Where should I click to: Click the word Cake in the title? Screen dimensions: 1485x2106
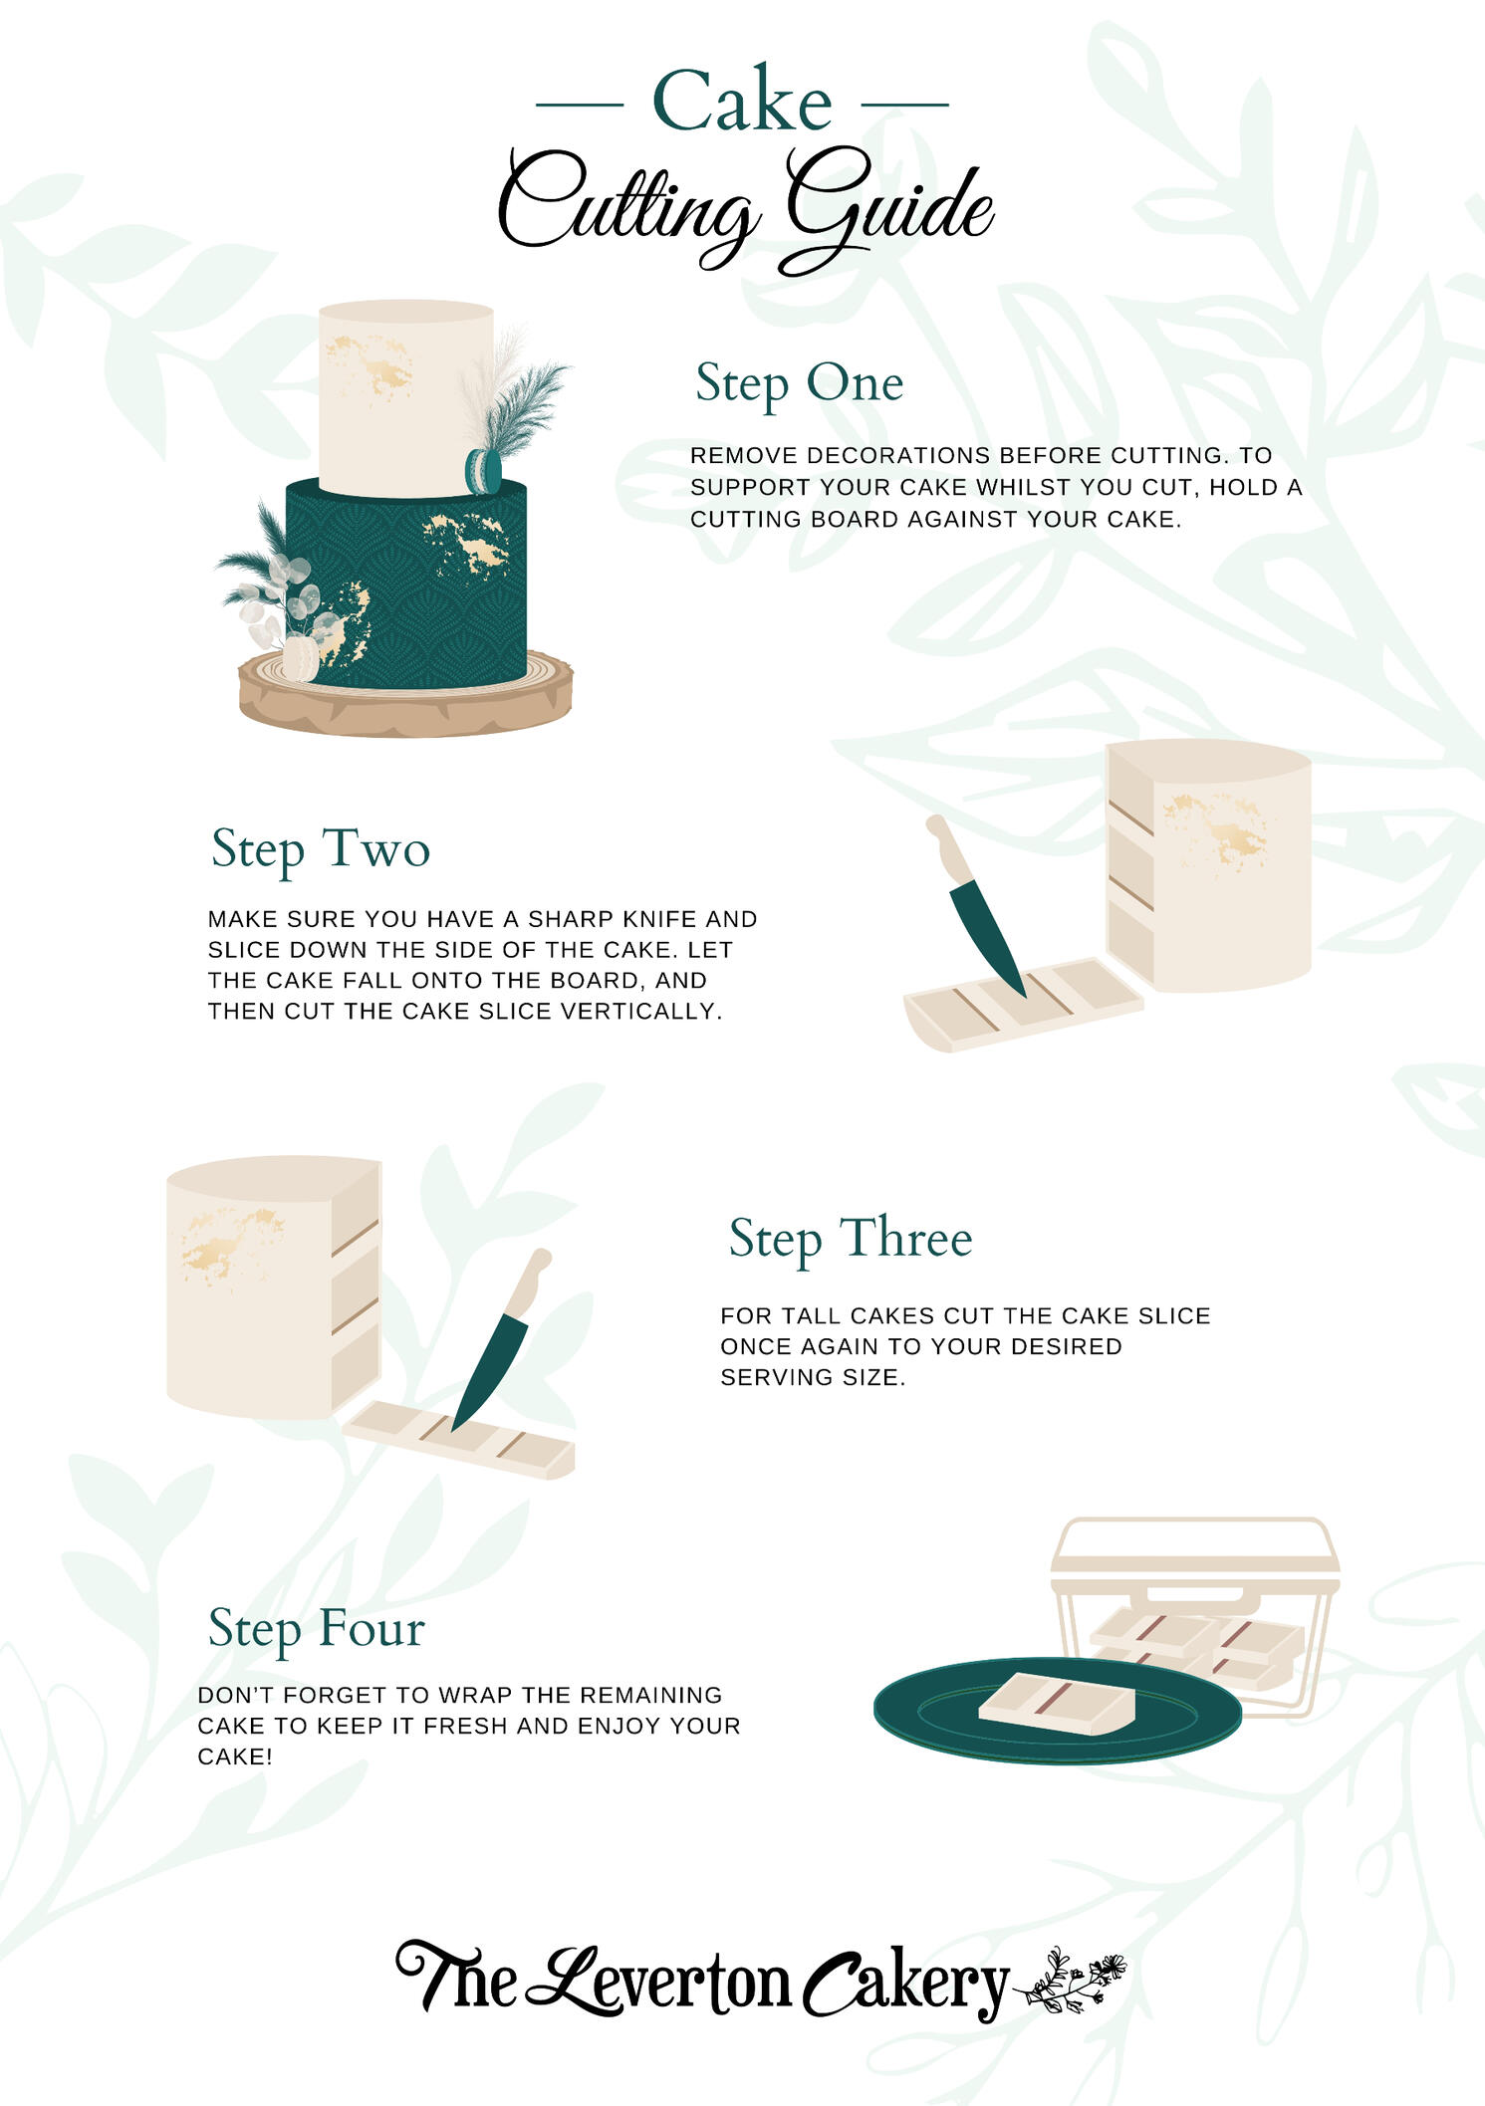click(x=742, y=101)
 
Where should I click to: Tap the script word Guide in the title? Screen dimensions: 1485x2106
click(x=889, y=210)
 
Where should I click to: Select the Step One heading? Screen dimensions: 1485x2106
click(x=799, y=384)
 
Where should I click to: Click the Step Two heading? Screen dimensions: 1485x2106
click(x=321, y=850)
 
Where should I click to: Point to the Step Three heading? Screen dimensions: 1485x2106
click(x=851, y=1240)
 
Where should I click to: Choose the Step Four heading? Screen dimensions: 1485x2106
click(x=317, y=1630)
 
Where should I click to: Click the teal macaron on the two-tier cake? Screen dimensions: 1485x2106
click(x=483, y=471)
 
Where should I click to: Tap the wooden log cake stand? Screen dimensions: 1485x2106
click(x=406, y=696)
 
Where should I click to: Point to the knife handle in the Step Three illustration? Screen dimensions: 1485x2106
click(x=528, y=1283)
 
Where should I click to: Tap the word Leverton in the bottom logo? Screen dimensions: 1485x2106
click(x=660, y=1982)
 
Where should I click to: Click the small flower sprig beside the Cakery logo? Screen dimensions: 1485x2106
click(x=1071, y=1983)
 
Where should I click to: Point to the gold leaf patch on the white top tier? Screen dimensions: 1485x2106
click(x=371, y=366)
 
